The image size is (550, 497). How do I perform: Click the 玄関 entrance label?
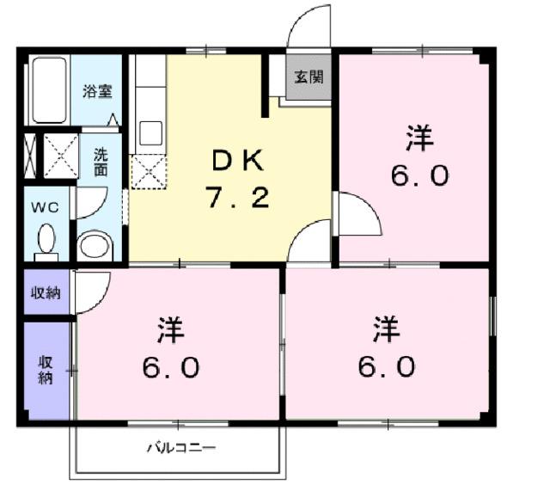(x=309, y=77)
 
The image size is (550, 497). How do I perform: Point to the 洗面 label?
(x=101, y=162)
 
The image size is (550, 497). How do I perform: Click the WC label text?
(x=45, y=207)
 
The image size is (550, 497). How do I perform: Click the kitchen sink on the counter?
(x=150, y=133)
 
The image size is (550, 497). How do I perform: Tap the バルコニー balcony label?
(x=180, y=447)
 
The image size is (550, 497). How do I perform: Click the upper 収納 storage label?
(x=46, y=293)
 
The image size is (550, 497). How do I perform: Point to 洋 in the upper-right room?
(x=420, y=137)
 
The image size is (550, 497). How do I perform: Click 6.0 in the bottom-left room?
(x=172, y=368)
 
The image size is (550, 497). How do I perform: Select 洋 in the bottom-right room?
(x=388, y=328)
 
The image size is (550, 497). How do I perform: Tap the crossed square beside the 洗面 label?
(x=61, y=156)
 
